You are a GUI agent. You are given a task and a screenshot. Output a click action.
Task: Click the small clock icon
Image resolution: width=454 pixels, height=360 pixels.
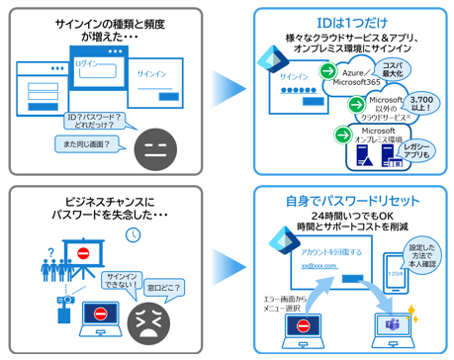(133, 234)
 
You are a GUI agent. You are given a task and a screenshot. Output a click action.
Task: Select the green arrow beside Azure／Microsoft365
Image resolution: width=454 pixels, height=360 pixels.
(326, 72)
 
